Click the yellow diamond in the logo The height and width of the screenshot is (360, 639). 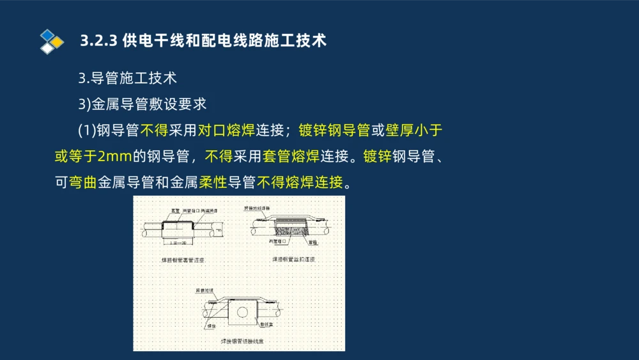coord(58,42)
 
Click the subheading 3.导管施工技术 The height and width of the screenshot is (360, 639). coord(127,79)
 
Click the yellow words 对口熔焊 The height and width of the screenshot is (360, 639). coord(226,130)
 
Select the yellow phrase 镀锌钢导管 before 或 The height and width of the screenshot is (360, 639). coord(334,130)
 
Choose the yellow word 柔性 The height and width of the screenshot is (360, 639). coord(213,182)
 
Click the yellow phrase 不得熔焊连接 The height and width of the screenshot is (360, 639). coord(300,182)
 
